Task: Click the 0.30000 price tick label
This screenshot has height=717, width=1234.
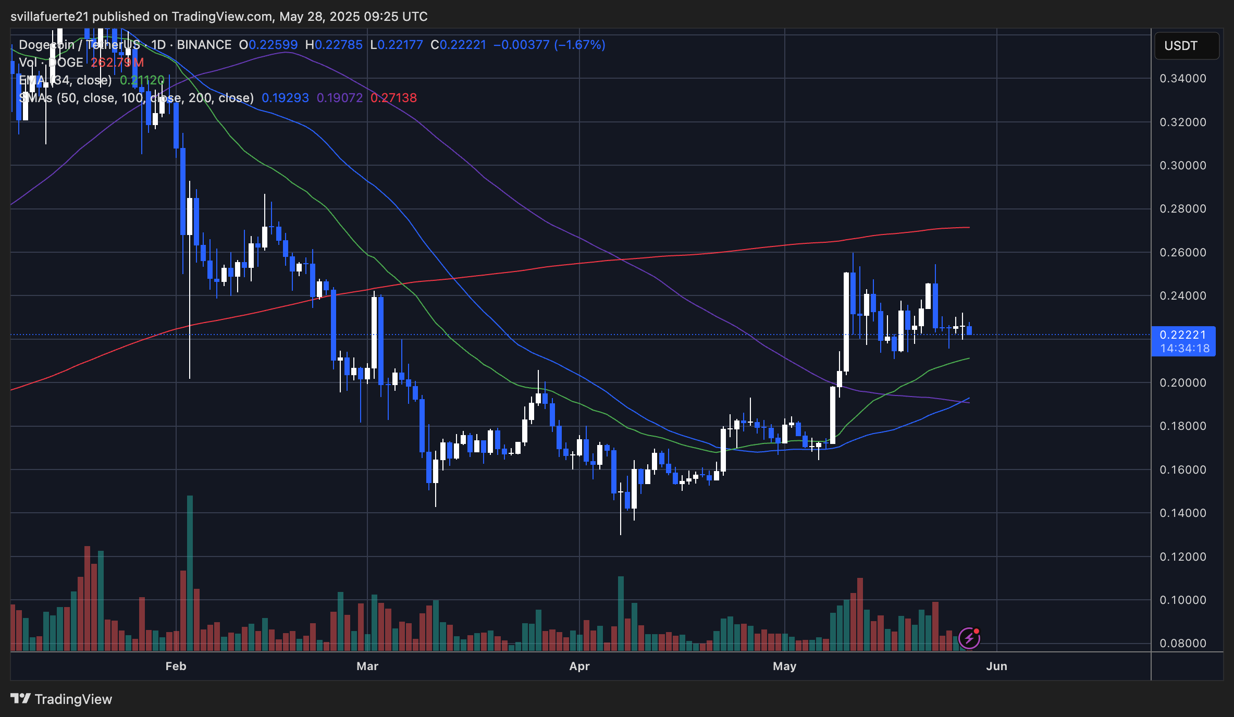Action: pos(1182,166)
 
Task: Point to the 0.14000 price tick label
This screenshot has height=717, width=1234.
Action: pos(1182,513)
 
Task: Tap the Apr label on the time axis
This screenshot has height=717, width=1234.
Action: pos(579,666)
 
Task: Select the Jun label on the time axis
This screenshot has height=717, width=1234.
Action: pos(996,666)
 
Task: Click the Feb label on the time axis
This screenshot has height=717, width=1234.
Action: pos(176,666)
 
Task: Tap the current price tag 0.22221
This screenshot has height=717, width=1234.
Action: pos(1182,335)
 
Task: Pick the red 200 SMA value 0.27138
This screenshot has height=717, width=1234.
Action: pos(393,98)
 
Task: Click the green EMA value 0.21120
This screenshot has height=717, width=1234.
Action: pos(142,80)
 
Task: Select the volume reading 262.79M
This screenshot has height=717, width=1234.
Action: pos(117,63)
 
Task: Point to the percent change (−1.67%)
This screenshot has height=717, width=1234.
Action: pos(579,45)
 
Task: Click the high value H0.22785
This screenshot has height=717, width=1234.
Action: pos(334,45)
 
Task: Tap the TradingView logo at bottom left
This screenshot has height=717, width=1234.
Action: pos(61,699)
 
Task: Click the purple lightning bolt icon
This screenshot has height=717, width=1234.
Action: pos(969,638)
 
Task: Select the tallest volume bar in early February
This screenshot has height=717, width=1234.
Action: pos(190,573)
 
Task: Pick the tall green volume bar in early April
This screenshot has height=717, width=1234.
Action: pos(621,613)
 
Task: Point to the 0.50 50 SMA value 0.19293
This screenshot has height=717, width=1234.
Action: pos(285,98)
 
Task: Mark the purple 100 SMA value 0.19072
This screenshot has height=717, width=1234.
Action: pos(339,98)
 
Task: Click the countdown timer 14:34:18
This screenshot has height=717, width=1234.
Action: pos(1184,349)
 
